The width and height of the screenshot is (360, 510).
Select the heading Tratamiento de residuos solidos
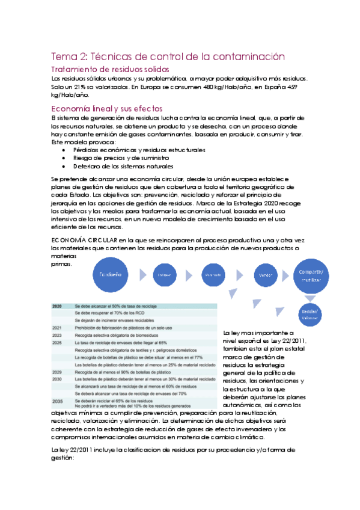114,70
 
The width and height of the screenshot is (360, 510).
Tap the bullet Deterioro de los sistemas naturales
123,165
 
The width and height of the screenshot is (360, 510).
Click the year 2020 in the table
58,307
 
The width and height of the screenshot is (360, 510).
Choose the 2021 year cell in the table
57,328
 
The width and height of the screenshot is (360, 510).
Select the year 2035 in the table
58,401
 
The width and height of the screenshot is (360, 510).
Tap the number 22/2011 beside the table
296,341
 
